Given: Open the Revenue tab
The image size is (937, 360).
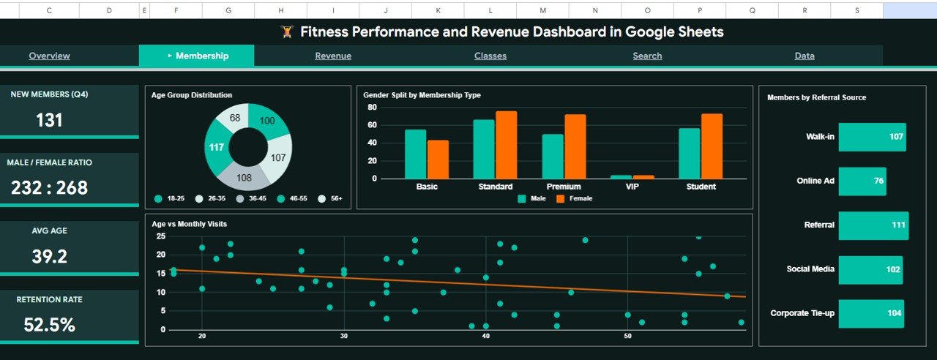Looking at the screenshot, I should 333,56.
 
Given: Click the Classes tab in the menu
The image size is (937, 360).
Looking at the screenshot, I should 490,56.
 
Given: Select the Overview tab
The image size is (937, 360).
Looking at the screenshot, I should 49,56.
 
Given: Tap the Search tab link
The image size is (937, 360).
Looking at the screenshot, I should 647,56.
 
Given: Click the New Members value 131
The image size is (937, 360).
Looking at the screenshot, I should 49,121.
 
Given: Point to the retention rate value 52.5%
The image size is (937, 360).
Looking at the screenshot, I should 49,325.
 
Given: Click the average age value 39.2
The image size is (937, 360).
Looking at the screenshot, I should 49,257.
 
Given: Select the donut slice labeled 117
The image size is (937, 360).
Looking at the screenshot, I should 217,147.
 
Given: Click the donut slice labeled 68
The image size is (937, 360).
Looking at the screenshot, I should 235,119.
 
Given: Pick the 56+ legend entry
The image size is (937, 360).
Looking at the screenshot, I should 330,199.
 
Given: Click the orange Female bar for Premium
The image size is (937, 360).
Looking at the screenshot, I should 575,146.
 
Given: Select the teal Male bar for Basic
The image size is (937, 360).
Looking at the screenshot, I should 415,154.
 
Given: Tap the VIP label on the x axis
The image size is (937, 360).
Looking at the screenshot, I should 632,187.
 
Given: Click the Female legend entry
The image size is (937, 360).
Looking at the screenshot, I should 574,198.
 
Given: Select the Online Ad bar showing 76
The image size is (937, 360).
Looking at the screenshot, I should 862,181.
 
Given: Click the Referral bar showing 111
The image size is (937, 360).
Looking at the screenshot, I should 873,225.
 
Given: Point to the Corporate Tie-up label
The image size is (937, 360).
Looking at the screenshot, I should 802,313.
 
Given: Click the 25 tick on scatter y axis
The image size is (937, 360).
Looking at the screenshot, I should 161,236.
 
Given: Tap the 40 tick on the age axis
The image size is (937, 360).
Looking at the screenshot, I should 485,336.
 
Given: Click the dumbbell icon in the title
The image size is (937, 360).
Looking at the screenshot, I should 287,32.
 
